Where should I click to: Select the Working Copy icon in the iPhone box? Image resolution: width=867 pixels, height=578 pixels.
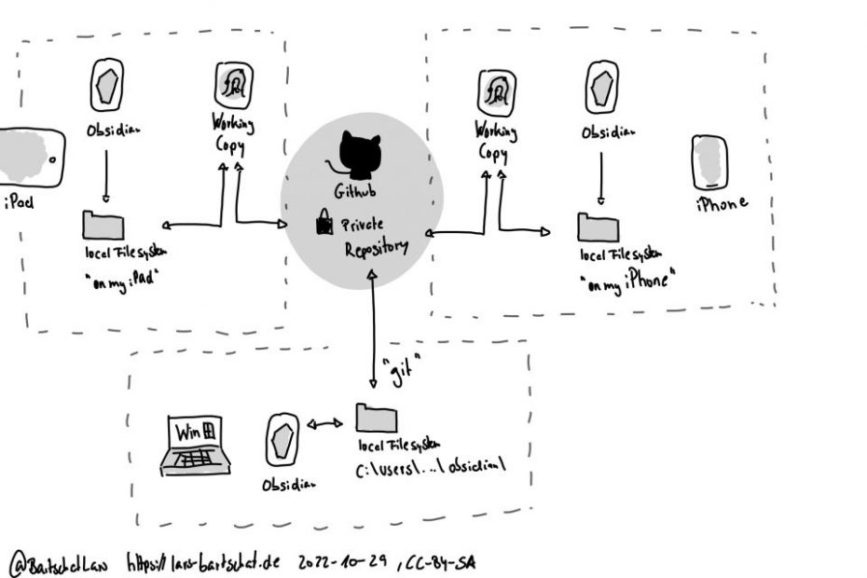coord(496,91)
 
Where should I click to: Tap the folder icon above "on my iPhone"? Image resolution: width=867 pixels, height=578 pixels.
coord(596,227)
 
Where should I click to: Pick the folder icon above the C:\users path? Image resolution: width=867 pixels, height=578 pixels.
coord(373,419)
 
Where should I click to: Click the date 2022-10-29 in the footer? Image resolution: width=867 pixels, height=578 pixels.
coord(344,560)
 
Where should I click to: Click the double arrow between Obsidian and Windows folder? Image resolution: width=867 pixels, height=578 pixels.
coord(325,425)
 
